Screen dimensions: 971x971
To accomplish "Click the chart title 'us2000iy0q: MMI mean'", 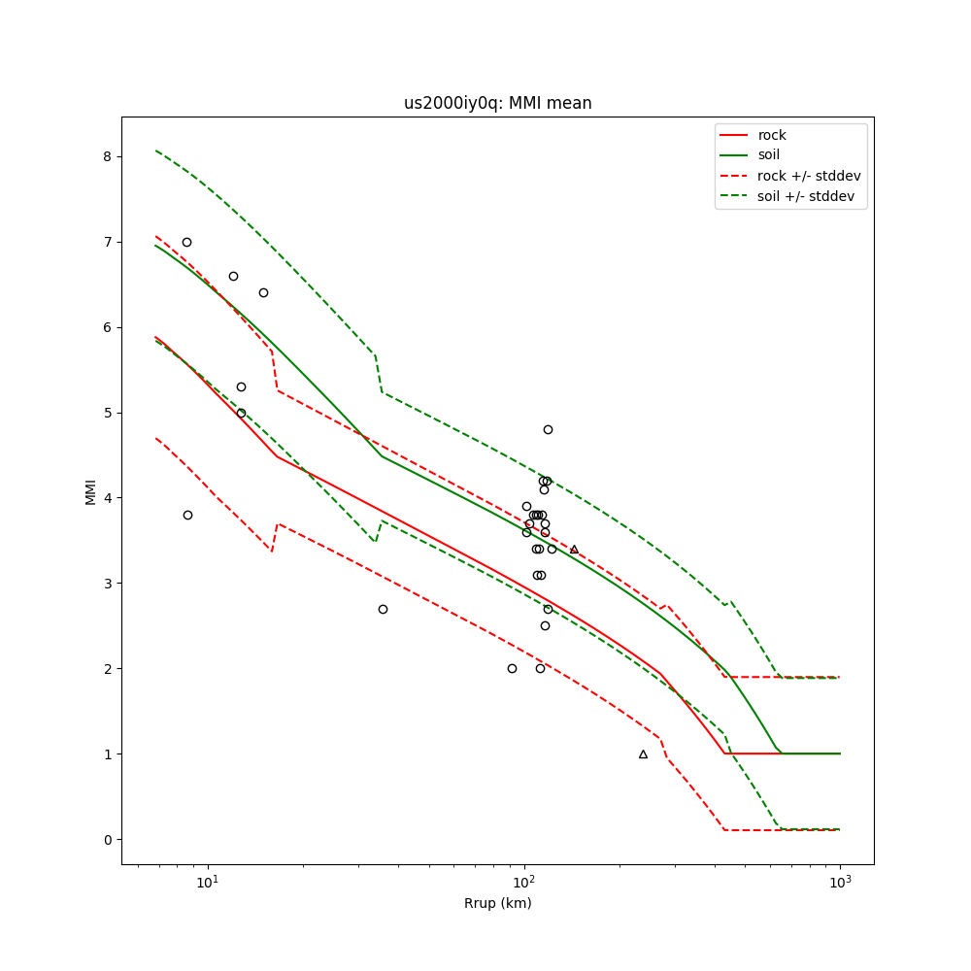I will click(497, 103).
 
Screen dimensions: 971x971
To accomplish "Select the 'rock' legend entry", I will click(772, 135).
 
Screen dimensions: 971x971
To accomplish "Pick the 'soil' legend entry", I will click(769, 155).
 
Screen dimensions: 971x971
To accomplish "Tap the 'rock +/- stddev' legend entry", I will click(809, 176).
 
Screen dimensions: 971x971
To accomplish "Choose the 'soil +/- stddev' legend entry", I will click(808, 196).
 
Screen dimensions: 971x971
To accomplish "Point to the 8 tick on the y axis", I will click(108, 156).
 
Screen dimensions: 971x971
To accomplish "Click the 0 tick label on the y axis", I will click(108, 840).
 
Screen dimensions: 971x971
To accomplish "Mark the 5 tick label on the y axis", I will click(108, 413).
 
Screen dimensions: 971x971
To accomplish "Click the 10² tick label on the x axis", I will click(524, 883).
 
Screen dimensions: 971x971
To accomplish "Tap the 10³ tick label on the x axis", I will click(840, 883).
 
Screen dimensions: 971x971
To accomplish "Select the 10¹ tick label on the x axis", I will click(207, 883).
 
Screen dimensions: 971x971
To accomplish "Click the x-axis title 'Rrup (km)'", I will click(497, 903).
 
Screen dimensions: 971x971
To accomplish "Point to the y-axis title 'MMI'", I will click(90, 491).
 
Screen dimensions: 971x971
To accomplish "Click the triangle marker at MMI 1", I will click(643, 753).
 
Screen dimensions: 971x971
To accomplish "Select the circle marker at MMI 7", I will click(186, 242).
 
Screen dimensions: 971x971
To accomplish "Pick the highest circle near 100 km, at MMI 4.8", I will click(548, 429).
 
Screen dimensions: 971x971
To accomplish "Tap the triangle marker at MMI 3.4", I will click(574, 549).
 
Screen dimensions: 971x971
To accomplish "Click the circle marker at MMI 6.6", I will click(233, 276).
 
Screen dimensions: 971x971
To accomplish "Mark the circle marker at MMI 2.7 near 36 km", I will click(383, 609).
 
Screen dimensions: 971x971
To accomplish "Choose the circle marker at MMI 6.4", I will click(263, 292).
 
